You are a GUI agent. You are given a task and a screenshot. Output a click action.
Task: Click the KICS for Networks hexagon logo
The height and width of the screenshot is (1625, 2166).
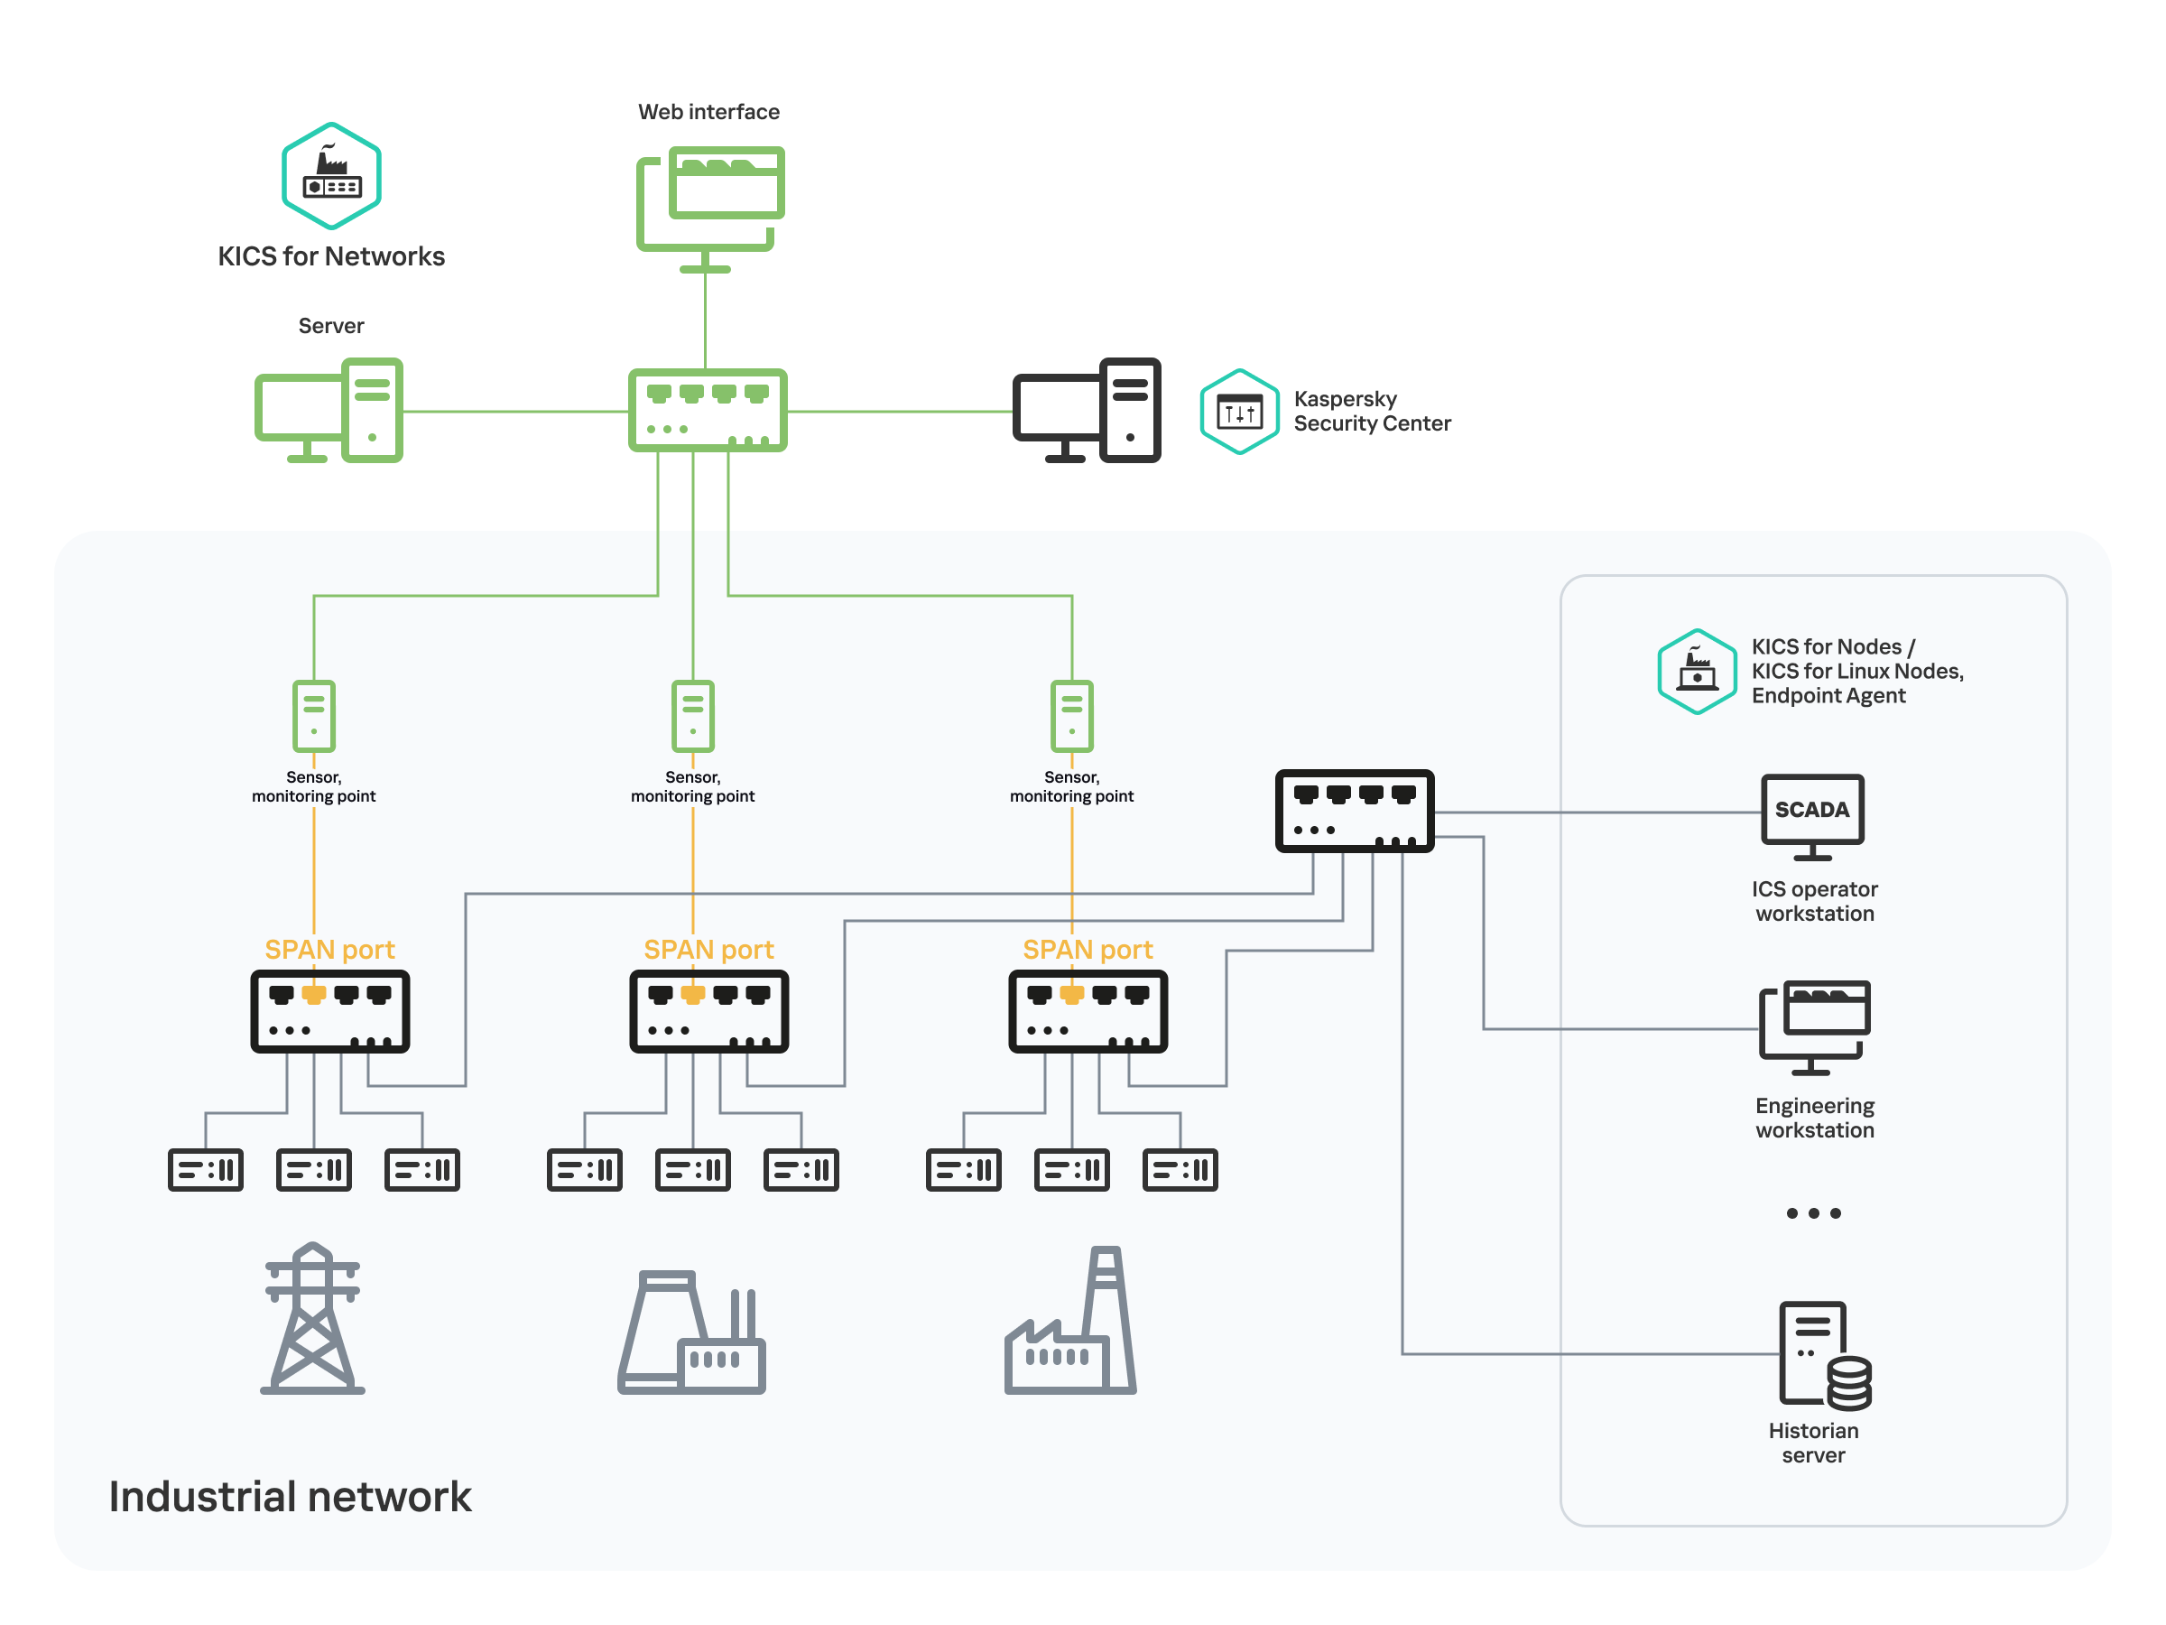[331, 175]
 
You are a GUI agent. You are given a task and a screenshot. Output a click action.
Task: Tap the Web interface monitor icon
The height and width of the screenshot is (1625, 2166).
[710, 206]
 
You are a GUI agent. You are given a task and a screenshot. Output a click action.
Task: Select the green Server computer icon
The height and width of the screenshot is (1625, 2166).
[329, 411]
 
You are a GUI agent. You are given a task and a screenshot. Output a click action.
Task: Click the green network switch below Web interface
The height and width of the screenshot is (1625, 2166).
[707, 411]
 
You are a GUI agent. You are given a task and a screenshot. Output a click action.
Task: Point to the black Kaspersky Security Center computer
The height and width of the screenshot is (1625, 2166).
[1086, 411]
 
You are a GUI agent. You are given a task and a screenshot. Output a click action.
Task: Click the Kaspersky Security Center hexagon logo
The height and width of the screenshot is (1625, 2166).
[1239, 412]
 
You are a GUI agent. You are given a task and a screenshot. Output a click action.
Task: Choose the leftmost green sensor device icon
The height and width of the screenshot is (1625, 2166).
[313, 716]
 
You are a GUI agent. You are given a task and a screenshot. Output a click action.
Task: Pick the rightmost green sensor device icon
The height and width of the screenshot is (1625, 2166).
[1071, 716]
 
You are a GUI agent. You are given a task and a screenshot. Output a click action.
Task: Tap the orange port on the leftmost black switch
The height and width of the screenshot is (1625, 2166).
[313, 995]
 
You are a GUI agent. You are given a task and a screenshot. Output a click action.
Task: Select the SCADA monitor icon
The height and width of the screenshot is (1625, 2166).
[1811, 815]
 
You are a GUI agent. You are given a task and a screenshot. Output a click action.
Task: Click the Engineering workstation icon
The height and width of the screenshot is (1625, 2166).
[1813, 1026]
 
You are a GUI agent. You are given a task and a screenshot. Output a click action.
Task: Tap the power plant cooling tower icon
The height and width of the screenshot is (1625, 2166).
[691, 1332]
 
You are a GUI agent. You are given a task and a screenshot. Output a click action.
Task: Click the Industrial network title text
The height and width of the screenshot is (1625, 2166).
[290, 1496]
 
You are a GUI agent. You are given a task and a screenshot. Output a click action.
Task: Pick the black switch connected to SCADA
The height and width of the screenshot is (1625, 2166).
[1355, 811]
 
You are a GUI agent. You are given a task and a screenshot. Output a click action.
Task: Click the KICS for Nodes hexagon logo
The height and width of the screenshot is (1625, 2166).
[1696, 671]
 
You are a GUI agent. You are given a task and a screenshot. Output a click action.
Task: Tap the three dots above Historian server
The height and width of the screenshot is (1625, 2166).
[1812, 1212]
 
